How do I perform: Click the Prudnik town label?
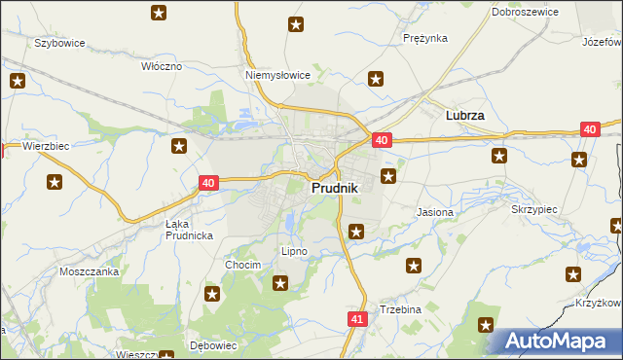(x=335, y=188)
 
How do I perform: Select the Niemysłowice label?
(x=277, y=74)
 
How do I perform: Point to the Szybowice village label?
(x=60, y=44)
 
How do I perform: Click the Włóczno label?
(x=162, y=66)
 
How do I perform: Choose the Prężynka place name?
(x=424, y=38)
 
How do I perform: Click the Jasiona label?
(x=434, y=211)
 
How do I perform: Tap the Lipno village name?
(x=294, y=251)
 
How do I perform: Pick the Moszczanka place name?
(x=89, y=271)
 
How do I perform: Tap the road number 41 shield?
(x=356, y=318)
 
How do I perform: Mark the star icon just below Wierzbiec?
(x=55, y=181)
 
